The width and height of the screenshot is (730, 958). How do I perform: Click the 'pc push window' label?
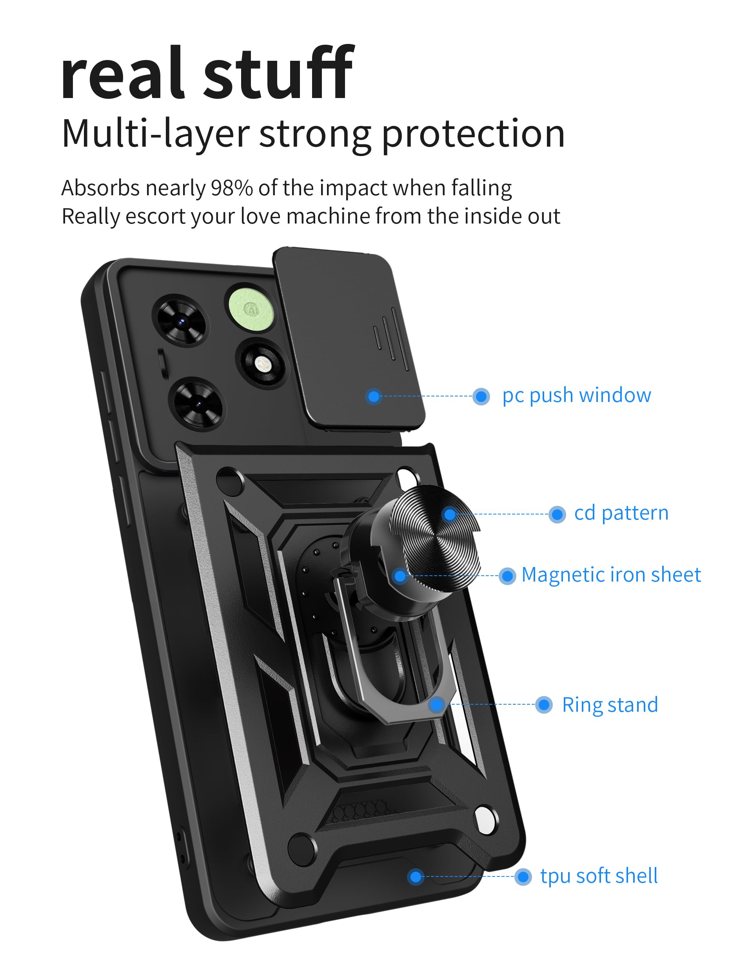[x=576, y=396]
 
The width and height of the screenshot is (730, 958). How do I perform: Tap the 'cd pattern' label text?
[x=621, y=513]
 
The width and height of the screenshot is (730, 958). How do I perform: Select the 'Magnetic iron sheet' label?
[x=610, y=574]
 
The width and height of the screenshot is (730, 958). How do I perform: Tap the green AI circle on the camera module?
[x=251, y=309]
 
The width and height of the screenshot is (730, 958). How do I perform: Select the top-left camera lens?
[x=182, y=321]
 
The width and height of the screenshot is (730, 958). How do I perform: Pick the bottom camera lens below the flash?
[x=198, y=404]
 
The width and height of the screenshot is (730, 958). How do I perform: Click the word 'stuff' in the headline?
[x=278, y=74]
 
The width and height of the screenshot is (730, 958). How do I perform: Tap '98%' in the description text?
[x=232, y=188]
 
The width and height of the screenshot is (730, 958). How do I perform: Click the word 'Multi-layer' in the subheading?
[x=155, y=133]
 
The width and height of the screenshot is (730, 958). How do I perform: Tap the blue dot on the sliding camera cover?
[x=373, y=396]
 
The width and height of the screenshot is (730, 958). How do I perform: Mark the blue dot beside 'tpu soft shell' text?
[x=523, y=877]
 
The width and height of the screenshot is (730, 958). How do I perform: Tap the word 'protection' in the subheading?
[x=473, y=133]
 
